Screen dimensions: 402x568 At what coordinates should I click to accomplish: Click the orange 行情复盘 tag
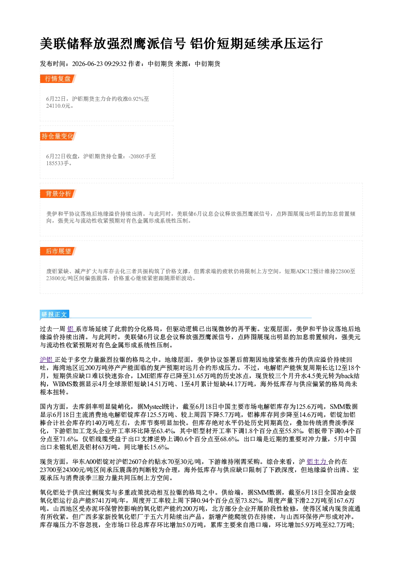pos(58,79)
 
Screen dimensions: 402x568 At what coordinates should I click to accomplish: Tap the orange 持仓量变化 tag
pos(58,136)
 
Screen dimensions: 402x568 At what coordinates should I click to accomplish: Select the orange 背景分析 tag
pos(58,194)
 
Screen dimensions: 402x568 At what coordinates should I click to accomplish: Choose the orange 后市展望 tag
pos(58,251)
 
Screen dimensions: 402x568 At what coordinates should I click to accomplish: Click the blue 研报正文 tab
pos(54,315)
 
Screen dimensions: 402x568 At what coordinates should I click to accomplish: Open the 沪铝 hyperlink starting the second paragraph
pos(47,360)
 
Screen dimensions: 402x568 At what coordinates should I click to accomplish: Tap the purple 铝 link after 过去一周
pos(71,329)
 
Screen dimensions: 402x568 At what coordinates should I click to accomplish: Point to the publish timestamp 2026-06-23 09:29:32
pos(99,64)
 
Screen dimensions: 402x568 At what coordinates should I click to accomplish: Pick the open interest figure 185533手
pos(58,163)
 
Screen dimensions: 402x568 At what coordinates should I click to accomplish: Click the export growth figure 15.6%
pos(159,447)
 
